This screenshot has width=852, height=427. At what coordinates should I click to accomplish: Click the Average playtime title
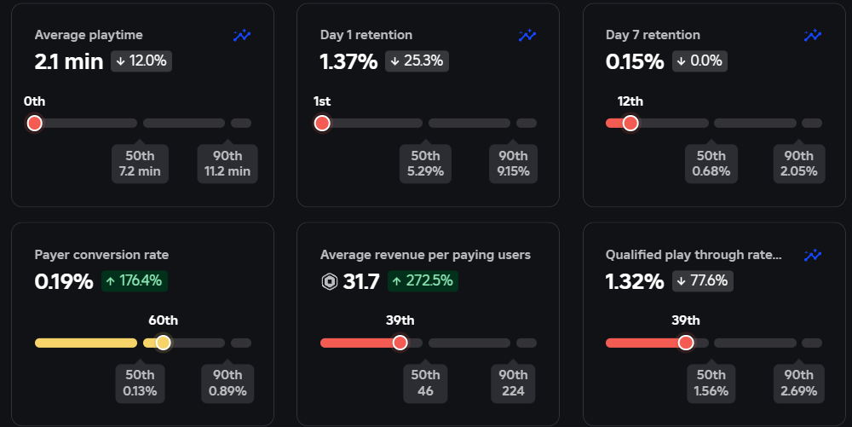89,35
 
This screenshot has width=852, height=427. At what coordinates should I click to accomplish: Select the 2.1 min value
69,61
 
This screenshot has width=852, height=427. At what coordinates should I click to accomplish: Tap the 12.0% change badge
141,61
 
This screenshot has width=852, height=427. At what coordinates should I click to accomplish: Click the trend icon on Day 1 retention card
527,36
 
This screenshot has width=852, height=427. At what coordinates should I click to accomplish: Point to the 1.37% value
348,61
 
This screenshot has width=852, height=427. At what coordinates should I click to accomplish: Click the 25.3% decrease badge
417,61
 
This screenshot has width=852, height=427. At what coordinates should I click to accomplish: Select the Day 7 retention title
653,35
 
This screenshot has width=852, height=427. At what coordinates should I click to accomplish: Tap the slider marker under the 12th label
630,124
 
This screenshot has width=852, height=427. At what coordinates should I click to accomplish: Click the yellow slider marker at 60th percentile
163,343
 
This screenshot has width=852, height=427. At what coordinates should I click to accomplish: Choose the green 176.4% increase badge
133,280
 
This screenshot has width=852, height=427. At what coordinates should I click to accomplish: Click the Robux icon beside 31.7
330,281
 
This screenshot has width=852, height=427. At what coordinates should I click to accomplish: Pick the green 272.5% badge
423,280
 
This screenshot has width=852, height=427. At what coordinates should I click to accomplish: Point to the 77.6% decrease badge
702,280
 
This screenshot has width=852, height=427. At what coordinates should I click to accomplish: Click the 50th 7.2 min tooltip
140,164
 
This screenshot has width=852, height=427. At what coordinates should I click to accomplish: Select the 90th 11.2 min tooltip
227,164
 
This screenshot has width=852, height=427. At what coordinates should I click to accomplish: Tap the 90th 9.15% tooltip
513,164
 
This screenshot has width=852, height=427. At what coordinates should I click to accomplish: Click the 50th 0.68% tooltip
711,164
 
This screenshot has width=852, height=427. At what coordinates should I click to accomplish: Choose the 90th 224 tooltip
513,383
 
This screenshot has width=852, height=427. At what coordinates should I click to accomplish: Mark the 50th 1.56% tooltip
711,383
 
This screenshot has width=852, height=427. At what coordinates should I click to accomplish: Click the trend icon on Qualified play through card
813,255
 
